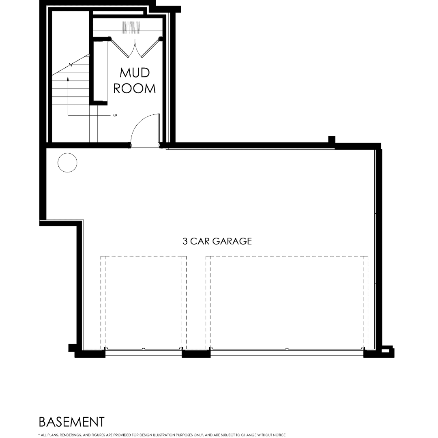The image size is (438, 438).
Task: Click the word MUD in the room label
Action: click(x=135, y=73)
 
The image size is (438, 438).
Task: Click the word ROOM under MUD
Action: click(x=134, y=88)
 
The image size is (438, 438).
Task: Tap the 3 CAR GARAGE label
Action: click(x=217, y=241)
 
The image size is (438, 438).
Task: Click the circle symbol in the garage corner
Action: click(x=67, y=163)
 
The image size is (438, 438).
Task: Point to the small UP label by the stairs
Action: click(x=115, y=115)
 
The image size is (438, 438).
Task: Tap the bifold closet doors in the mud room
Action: click(x=135, y=47)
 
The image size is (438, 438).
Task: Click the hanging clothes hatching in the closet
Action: click(x=131, y=28)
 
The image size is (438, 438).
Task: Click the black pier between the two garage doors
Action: click(x=196, y=354)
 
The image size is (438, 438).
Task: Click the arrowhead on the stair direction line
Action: click(x=68, y=78)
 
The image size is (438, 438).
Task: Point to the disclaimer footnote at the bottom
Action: click(x=162, y=435)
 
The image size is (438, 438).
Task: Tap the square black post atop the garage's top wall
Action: click(x=331, y=140)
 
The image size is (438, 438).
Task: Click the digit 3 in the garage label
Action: click(x=185, y=241)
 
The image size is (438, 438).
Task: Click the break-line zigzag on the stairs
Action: click(x=70, y=65)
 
